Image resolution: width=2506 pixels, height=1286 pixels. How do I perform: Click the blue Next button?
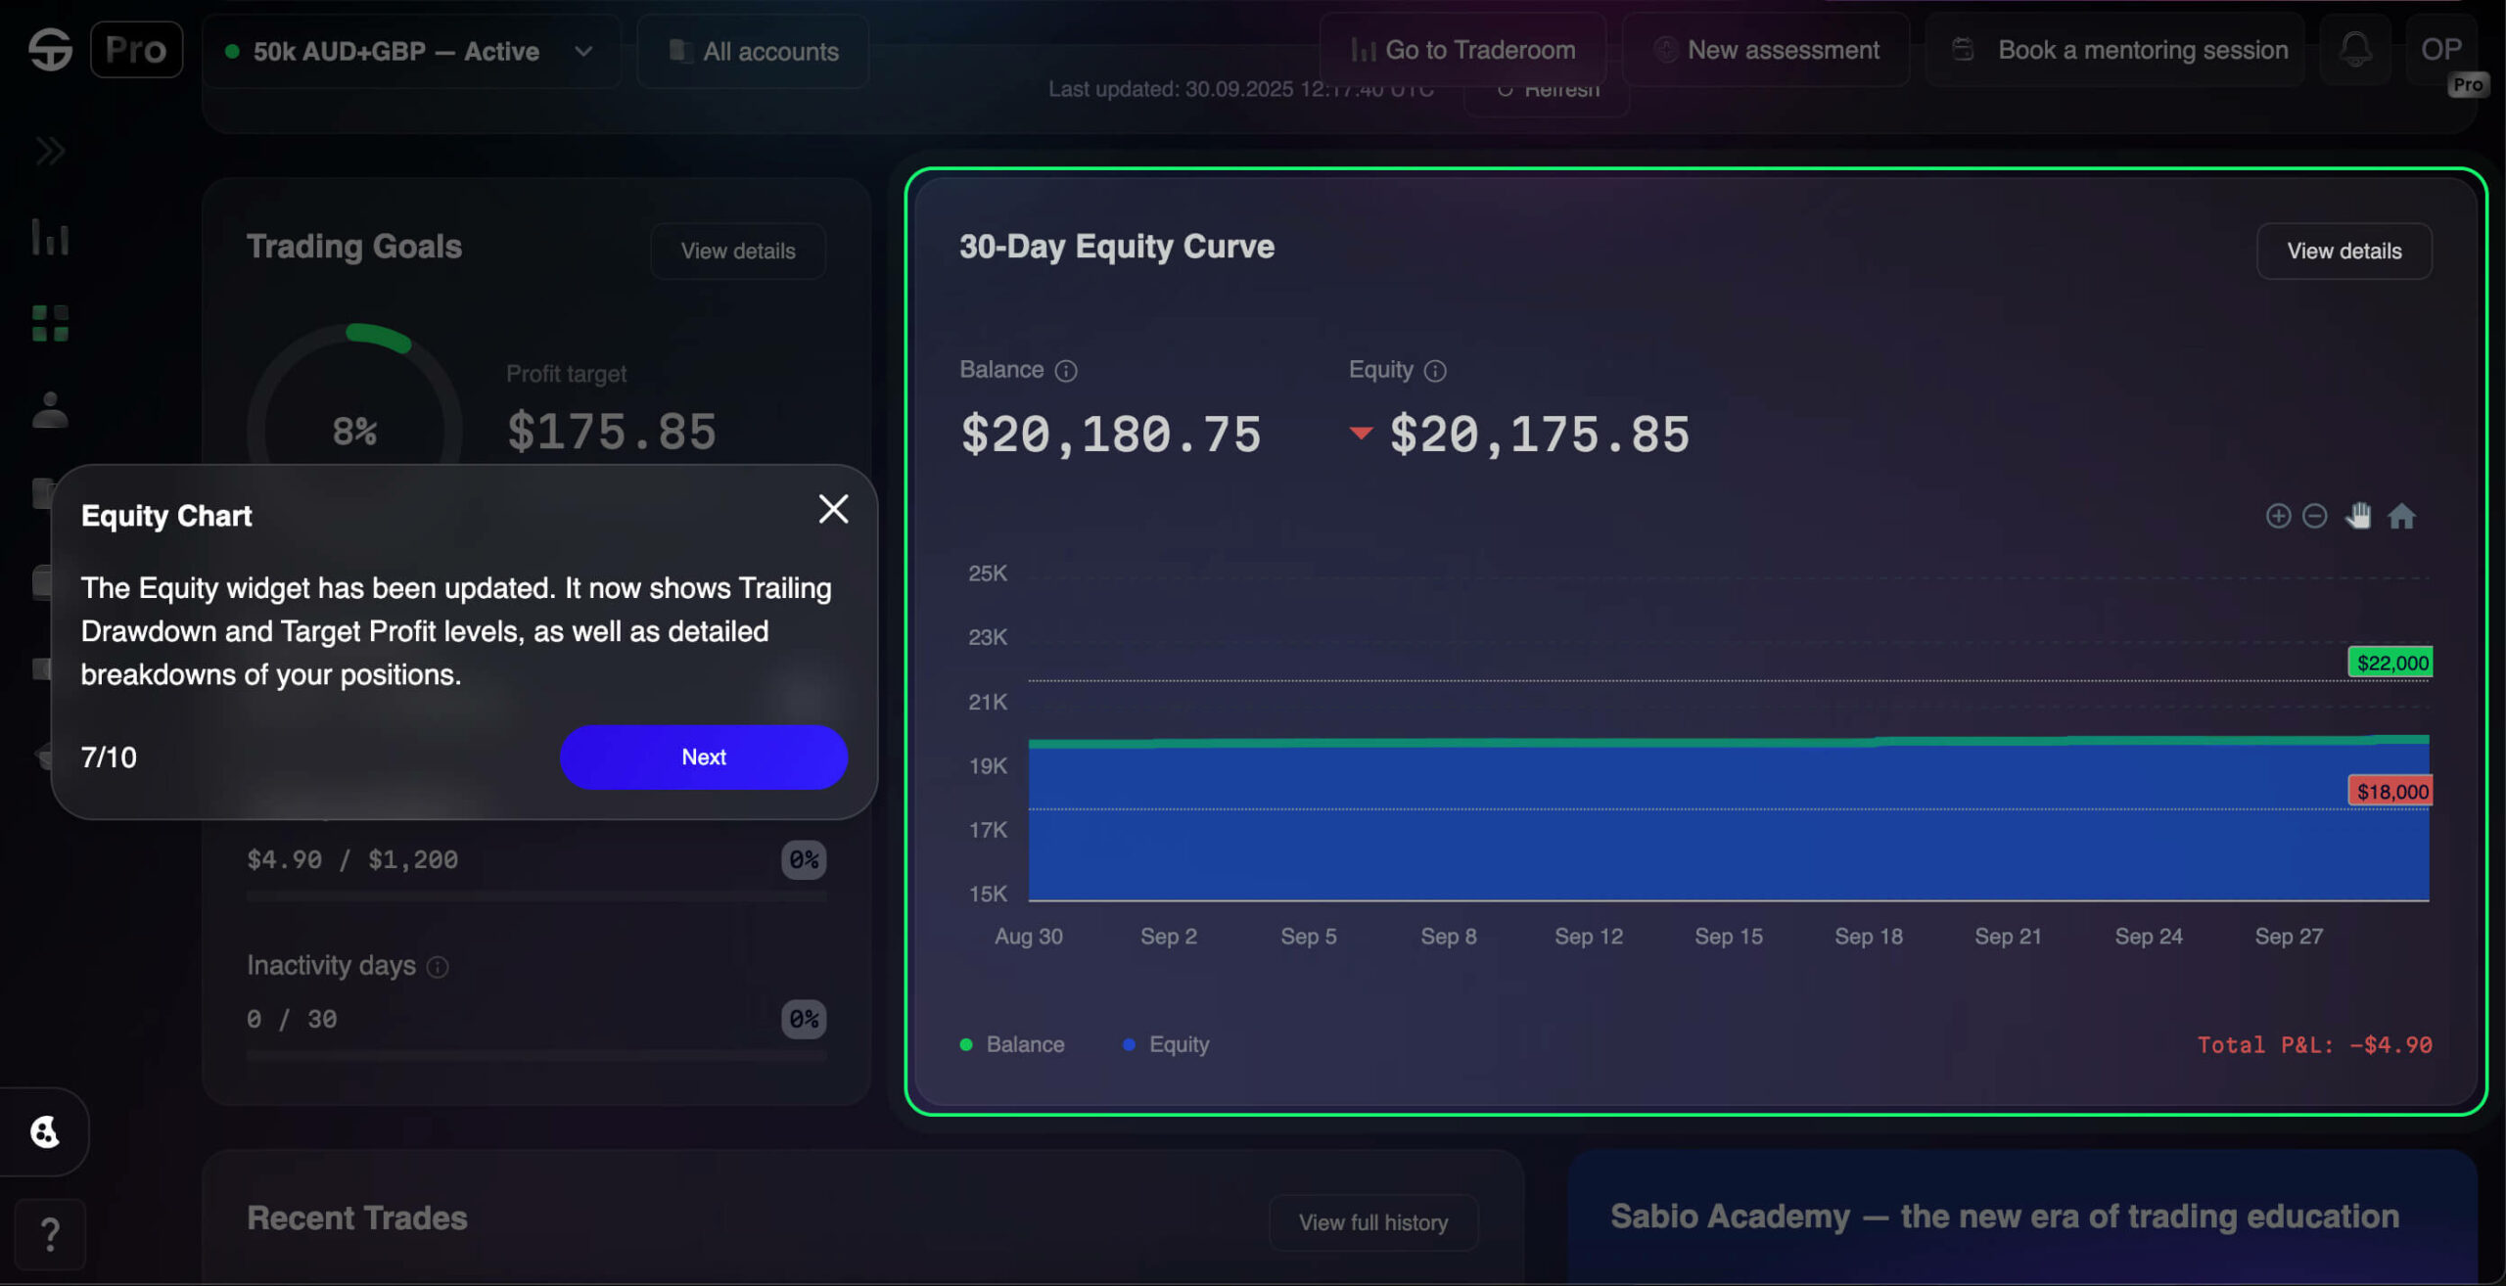pyautogui.click(x=703, y=757)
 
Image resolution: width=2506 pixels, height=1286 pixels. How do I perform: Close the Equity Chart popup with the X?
pyautogui.click(x=833, y=509)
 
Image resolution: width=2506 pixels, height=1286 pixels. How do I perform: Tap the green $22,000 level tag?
pyautogui.click(x=2390, y=663)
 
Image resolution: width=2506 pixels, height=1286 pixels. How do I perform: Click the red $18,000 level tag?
pyautogui.click(x=2390, y=791)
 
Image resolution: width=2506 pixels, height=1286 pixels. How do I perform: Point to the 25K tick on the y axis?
pyautogui.click(x=987, y=574)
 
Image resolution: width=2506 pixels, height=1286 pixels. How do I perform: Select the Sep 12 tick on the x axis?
pyautogui.click(x=1588, y=937)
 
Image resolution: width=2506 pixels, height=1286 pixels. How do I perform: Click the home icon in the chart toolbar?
pyautogui.click(x=2401, y=516)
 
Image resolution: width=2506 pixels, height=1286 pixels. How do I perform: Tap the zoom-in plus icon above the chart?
pyautogui.click(x=2278, y=516)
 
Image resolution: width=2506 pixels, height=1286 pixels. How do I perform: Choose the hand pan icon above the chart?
pyautogui.click(x=2358, y=516)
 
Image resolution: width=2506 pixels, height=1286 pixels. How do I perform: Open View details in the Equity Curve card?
pyautogui.click(x=2344, y=252)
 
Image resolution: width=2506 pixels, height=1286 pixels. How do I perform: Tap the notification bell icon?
pyautogui.click(x=2355, y=50)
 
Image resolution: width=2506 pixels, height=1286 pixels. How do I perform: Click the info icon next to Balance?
pyautogui.click(x=1066, y=371)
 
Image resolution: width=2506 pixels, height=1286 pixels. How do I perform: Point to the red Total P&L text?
pyautogui.click(x=2314, y=1045)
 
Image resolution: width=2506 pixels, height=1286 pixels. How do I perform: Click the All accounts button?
pyautogui.click(x=753, y=52)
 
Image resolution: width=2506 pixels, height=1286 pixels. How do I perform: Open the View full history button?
pyautogui.click(x=1372, y=1222)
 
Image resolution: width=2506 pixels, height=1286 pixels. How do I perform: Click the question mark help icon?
pyautogui.click(x=50, y=1234)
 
